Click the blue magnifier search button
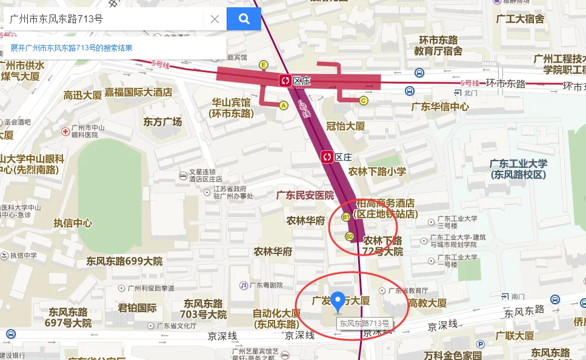tap(244, 19)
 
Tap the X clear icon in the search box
tap(215, 19)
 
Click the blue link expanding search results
tap(72, 48)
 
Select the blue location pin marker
tap(339, 301)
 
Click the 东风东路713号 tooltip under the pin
tap(364, 323)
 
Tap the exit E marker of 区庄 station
tap(264, 65)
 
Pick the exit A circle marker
tap(283, 105)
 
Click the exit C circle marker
tap(364, 101)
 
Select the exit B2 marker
tap(349, 236)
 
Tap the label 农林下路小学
tap(377, 172)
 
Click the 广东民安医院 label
tap(305, 195)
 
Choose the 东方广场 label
tap(162, 122)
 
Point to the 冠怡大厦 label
tap(345, 126)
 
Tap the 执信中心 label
tap(73, 223)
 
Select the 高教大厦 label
tap(427, 303)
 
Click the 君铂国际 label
tap(137, 307)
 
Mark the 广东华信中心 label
tap(440, 107)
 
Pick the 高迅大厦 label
tap(82, 95)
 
